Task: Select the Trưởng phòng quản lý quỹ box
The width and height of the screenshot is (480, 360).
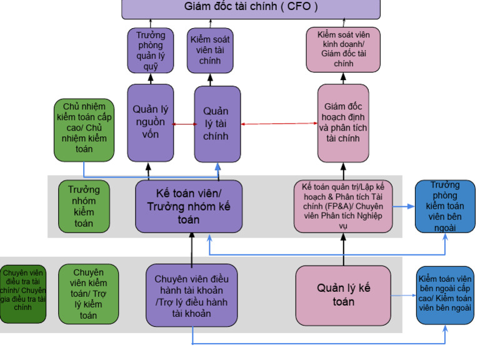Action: click(150, 49)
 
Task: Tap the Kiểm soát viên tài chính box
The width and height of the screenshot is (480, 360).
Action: click(210, 49)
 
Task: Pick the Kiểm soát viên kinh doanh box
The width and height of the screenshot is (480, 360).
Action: click(343, 49)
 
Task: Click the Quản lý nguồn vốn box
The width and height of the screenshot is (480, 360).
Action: click(150, 123)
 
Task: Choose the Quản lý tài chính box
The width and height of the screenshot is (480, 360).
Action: click(217, 124)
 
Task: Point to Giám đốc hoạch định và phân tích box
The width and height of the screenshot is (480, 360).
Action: click(342, 124)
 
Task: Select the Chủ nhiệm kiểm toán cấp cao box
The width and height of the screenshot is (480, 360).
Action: click(84, 127)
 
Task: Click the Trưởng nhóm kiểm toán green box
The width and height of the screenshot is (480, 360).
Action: click(84, 206)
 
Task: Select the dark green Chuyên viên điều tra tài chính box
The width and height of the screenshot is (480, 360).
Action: click(22, 294)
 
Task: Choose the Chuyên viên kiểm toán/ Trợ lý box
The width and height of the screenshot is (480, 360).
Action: click(88, 294)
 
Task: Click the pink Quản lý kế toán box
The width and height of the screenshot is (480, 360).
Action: click(343, 295)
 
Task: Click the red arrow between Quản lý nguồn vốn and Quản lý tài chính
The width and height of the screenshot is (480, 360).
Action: click(184, 124)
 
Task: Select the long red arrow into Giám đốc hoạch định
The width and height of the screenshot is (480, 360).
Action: click(279, 124)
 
